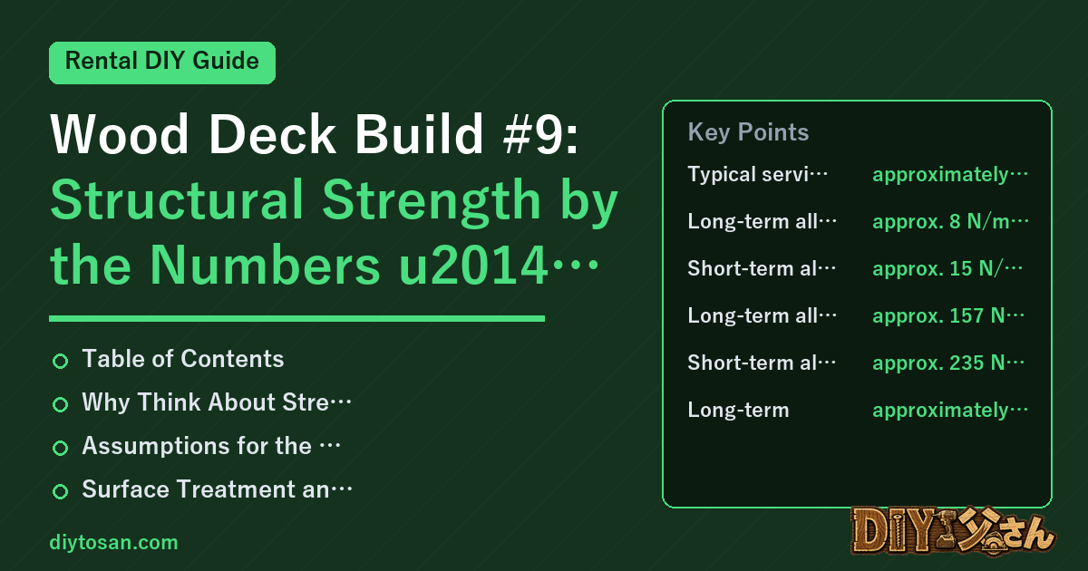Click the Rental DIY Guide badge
[162, 63]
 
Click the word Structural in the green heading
[178, 200]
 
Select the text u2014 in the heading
[473, 266]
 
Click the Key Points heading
[748, 132]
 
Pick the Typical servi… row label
[757, 174]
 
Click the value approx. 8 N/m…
[950, 221]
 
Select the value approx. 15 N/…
[947, 268]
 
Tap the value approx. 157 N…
[948, 315]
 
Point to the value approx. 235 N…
[948, 363]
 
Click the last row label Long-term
[738, 410]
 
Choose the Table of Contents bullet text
[182, 359]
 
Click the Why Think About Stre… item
[217, 402]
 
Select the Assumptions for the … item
[211, 446]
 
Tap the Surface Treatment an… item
[217, 489]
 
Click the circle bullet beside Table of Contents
[60, 361]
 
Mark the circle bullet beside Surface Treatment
[60, 491]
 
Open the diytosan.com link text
[113, 542]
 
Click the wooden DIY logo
[953, 531]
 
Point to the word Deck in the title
[273, 134]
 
